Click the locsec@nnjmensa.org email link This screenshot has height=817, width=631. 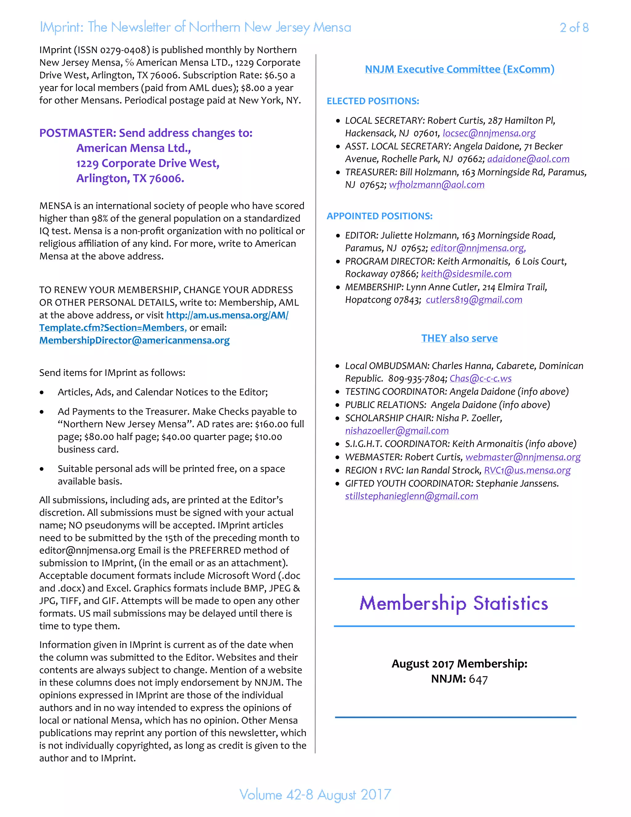click(x=489, y=133)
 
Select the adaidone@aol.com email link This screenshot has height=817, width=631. click(x=528, y=159)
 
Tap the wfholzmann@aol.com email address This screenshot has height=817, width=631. click(x=437, y=185)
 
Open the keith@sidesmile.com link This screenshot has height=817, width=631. click(x=466, y=274)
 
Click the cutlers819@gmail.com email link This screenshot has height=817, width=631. click(x=474, y=300)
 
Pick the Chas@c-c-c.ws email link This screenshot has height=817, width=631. click(x=480, y=378)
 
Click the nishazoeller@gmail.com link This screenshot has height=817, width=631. click(x=397, y=431)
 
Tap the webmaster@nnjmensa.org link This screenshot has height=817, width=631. click(x=523, y=457)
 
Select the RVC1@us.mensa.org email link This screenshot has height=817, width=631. click(x=527, y=470)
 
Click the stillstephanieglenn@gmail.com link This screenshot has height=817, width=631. click(x=412, y=496)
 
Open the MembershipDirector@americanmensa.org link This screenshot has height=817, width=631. click(x=134, y=340)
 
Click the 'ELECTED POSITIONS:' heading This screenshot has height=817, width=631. click(x=373, y=101)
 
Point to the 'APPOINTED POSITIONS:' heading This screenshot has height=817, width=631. click(x=379, y=216)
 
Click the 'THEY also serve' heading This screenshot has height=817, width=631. click(x=459, y=338)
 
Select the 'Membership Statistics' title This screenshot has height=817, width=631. click(x=454, y=603)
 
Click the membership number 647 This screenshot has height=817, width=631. click(x=478, y=679)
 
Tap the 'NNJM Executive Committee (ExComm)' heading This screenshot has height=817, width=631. click(x=459, y=69)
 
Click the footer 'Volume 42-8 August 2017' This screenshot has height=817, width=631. click(x=315, y=794)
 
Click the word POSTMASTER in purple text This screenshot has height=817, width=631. click(x=77, y=133)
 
